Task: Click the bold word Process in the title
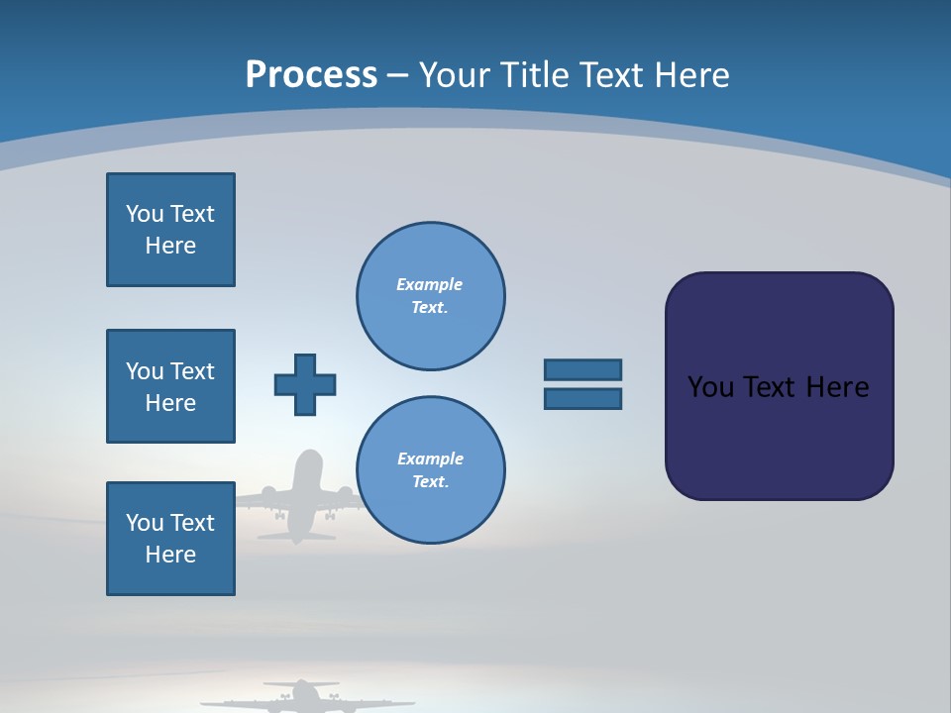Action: [311, 75]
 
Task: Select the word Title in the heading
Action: [534, 75]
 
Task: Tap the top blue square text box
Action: [170, 230]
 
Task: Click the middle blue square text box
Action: [170, 386]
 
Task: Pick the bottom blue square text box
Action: [170, 539]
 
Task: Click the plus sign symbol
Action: [305, 384]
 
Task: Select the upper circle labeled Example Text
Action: [430, 296]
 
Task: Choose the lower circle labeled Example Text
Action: [430, 470]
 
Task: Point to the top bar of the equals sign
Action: [582, 369]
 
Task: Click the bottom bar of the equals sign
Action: [582, 399]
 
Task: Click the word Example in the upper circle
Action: [429, 284]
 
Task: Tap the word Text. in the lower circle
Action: [430, 482]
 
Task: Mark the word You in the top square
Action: [145, 214]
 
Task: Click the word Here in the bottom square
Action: [170, 555]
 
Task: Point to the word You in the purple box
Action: [709, 387]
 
